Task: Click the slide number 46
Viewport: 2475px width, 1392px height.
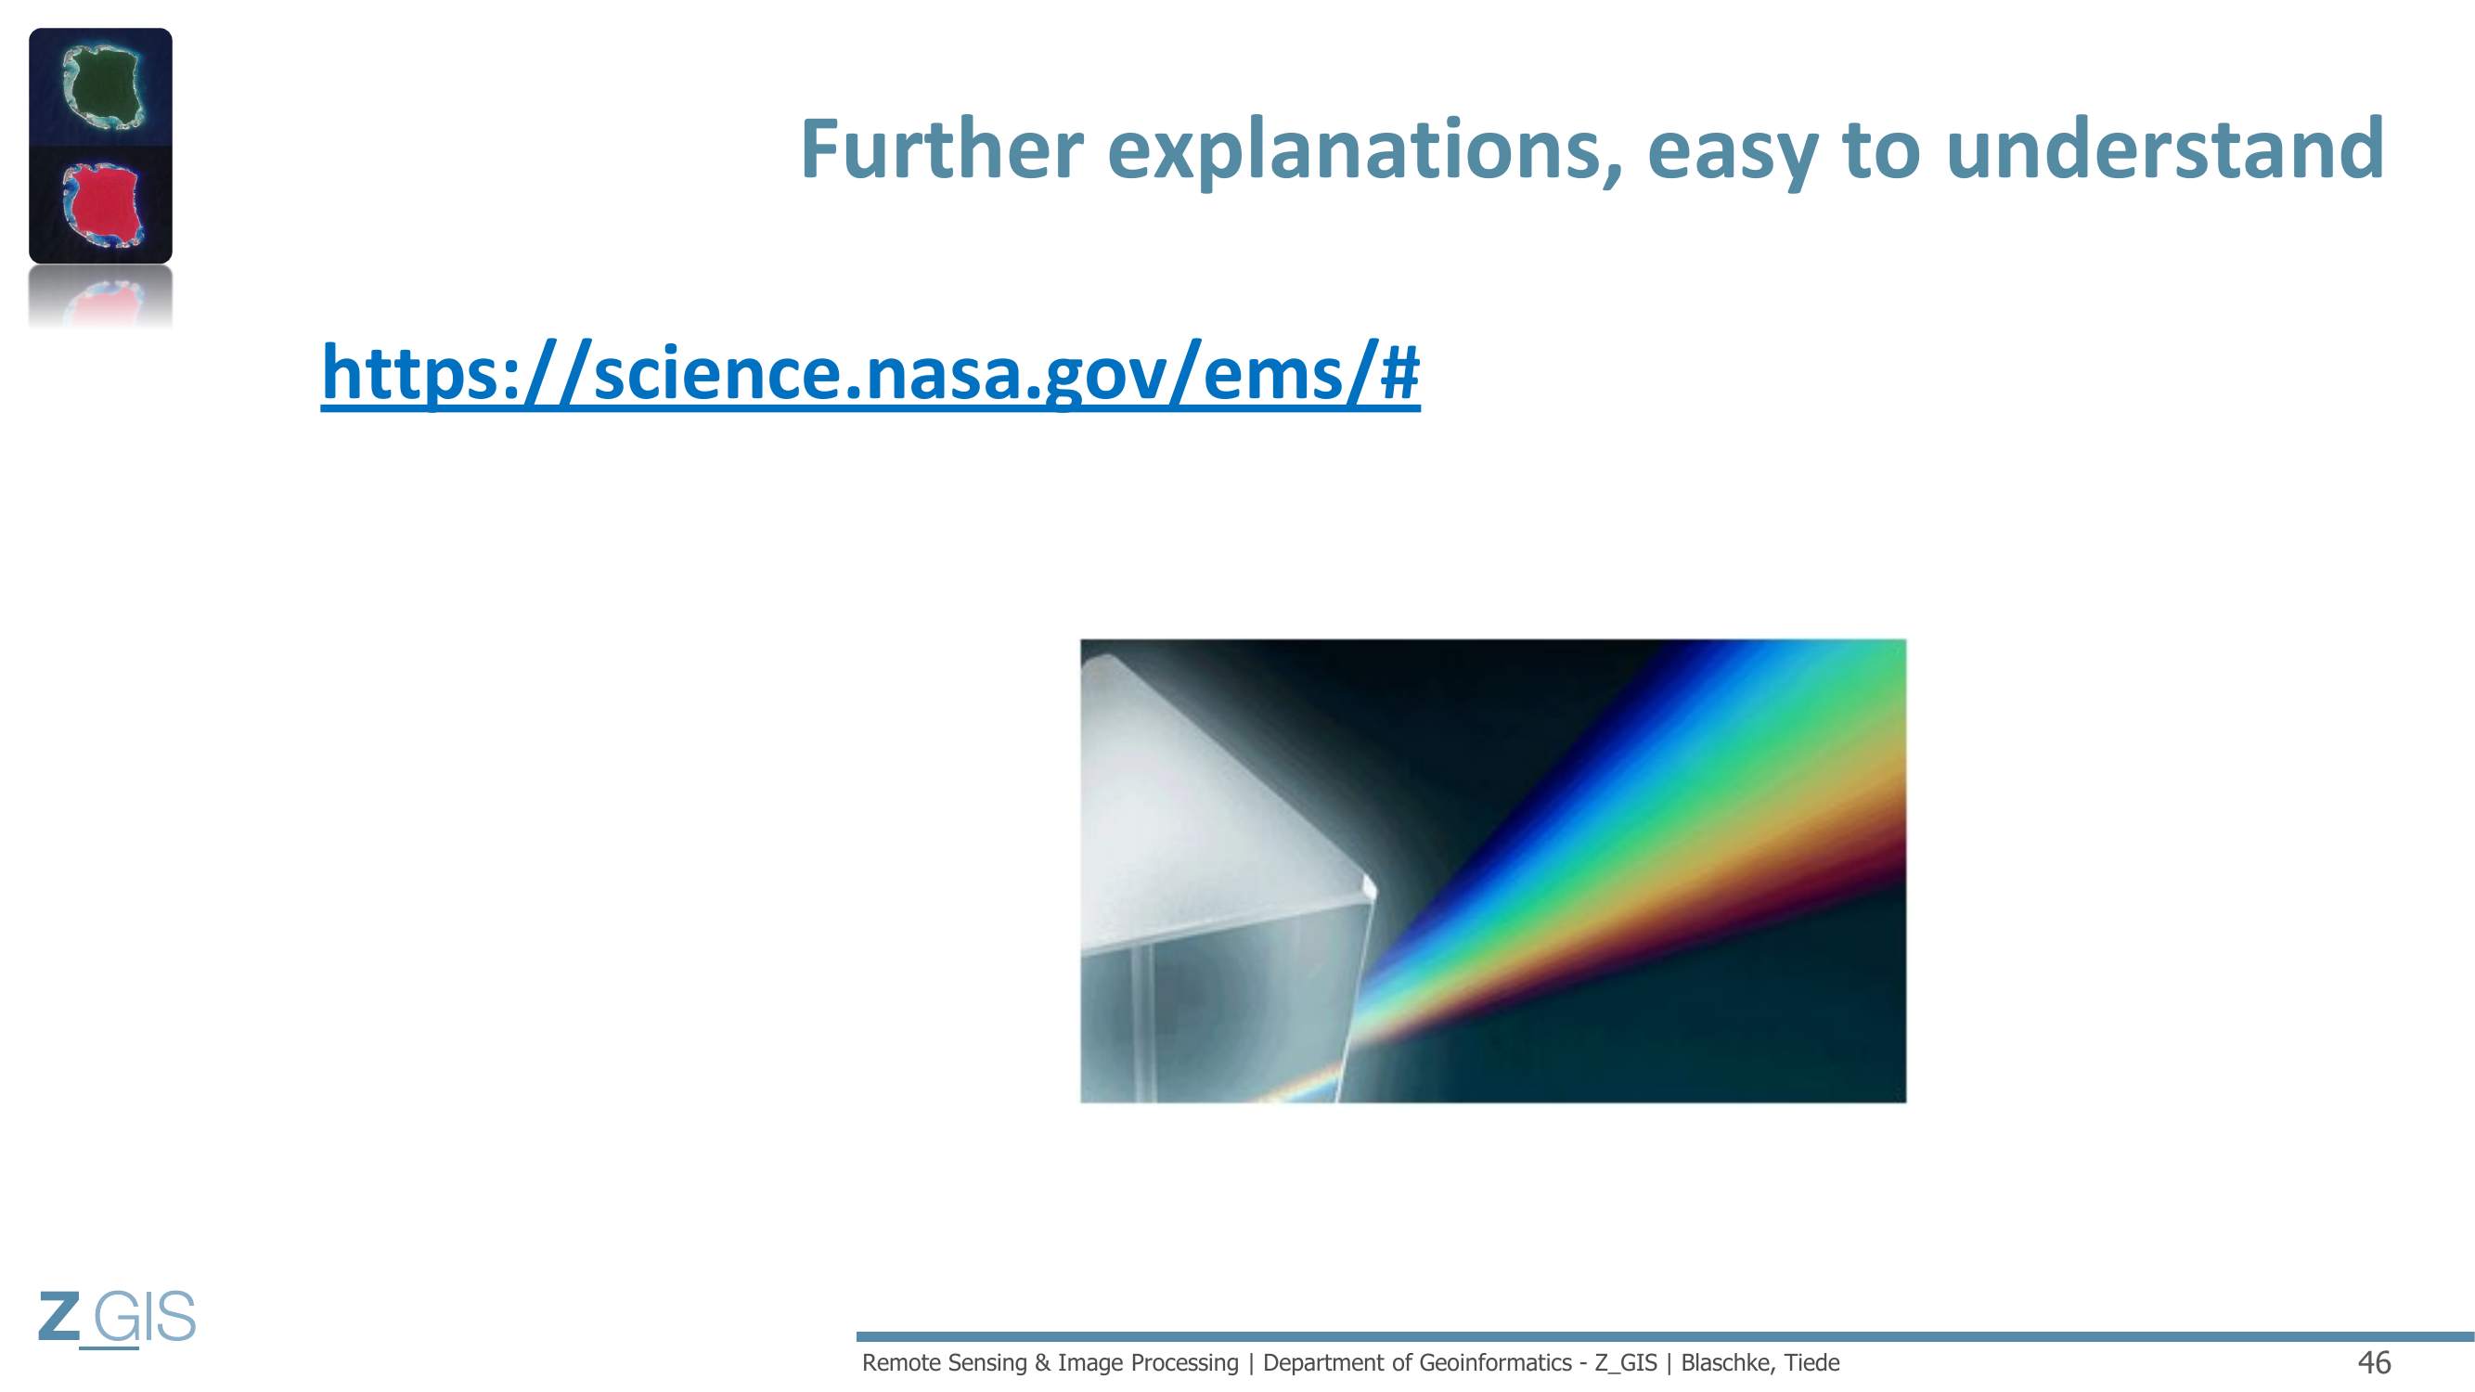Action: (x=2374, y=1362)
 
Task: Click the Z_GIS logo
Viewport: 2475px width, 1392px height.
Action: (x=116, y=1317)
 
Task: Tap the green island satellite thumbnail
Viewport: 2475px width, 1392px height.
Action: (x=101, y=86)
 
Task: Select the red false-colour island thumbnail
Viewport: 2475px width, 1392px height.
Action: (x=101, y=204)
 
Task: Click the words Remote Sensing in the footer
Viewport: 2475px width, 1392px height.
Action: (x=945, y=1362)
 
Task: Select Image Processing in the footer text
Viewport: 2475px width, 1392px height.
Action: (x=1148, y=1362)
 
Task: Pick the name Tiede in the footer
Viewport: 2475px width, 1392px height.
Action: (x=1812, y=1362)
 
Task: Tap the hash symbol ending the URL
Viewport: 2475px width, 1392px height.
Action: (x=1399, y=372)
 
